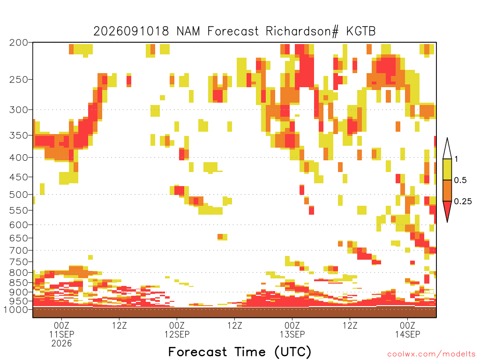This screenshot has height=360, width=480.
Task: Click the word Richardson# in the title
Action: (x=302, y=31)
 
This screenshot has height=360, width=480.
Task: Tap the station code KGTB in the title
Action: (x=361, y=31)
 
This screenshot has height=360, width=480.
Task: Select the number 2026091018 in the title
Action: (x=131, y=31)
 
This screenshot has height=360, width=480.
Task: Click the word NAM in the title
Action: (x=188, y=31)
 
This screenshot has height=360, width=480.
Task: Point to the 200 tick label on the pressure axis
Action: (x=19, y=43)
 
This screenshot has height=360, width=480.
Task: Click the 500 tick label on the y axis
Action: (x=19, y=195)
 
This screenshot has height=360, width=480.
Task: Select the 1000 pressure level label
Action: (x=16, y=309)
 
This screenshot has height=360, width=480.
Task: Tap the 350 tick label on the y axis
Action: (x=19, y=135)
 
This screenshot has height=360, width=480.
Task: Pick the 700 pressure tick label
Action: (x=19, y=250)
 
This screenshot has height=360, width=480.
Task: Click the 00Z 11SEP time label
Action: (x=61, y=330)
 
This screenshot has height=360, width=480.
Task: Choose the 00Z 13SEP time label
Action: (x=292, y=330)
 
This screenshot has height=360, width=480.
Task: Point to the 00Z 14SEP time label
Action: (x=407, y=330)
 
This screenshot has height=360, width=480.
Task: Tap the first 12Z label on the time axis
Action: (x=119, y=325)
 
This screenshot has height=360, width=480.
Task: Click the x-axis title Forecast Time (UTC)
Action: (x=240, y=352)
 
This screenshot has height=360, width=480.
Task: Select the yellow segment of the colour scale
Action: (x=447, y=170)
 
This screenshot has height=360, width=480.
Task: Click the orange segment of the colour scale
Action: (x=447, y=191)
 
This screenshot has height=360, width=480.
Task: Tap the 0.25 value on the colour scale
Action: (x=463, y=202)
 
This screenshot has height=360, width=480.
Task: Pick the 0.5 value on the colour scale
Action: (x=460, y=180)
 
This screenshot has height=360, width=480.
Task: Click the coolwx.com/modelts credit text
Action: (x=432, y=354)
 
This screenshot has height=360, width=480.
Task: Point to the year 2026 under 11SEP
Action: (x=61, y=344)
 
